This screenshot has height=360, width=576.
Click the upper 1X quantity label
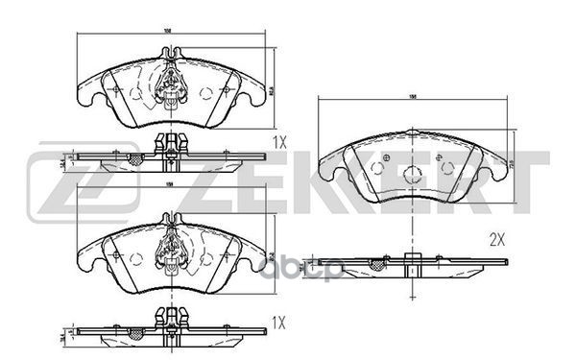[x=278, y=142]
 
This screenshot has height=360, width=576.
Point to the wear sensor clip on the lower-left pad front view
[x=170, y=249]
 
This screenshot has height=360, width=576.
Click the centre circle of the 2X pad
[x=413, y=174]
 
